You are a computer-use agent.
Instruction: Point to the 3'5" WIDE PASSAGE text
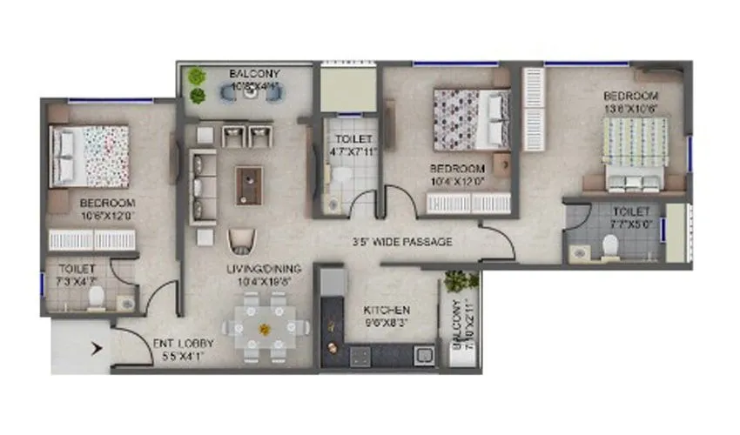[x=402, y=242]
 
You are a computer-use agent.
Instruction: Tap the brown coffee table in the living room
[x=249, y=184]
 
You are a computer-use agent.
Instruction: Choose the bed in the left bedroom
[x=89, y=157]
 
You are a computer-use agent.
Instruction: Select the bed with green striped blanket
[x=636, y=154]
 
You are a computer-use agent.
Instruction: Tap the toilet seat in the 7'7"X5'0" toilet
[x=610, y=249]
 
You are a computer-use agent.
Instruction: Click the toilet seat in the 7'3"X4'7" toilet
[x=98, y=297]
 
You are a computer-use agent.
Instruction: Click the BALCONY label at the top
[x=254, y=74]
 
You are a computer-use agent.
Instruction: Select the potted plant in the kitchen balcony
[x=459, y=281]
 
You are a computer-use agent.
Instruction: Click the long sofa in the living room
[x=202, y=187]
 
